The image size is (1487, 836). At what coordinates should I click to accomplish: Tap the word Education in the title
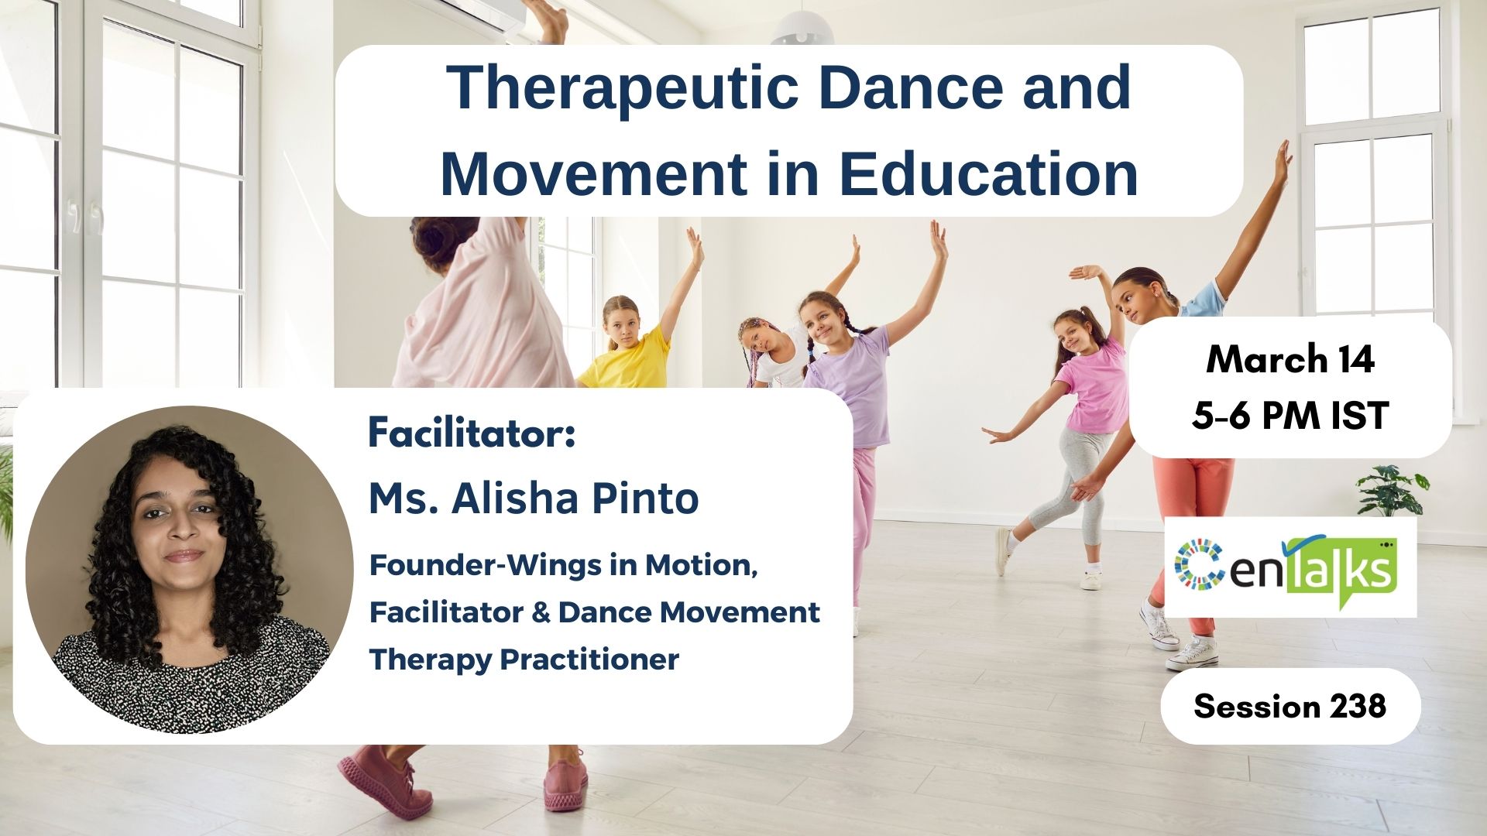point(988,173)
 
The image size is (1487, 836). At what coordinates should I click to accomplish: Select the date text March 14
point(1290,359)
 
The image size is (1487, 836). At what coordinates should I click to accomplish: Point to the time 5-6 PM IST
point(1290,416)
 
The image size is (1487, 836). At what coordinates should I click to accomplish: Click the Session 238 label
point(1290,706)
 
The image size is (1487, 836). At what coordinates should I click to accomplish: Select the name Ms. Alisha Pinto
point(534,498)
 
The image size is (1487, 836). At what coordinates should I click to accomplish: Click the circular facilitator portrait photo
point(190,570)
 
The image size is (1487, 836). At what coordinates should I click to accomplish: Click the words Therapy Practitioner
point(524,660)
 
